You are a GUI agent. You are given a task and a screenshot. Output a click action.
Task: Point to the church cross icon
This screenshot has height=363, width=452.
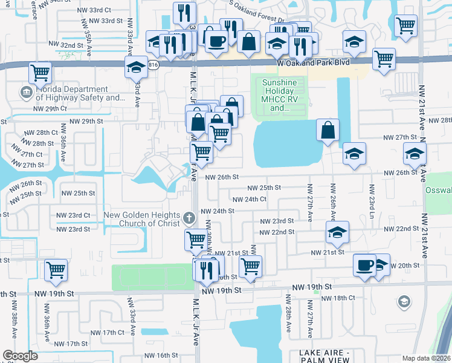tap(189, 217)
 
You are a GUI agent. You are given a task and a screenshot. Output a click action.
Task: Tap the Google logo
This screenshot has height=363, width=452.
tap(21, 356)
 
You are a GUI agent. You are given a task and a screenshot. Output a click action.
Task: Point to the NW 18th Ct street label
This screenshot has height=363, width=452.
tap(338, 298)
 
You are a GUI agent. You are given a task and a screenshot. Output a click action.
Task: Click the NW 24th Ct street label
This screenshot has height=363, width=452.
tap(248, 199)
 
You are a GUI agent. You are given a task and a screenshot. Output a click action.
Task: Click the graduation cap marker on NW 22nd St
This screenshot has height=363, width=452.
tap(338, 232)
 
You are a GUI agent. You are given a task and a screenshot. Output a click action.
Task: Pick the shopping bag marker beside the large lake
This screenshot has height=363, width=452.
tap(328, 130)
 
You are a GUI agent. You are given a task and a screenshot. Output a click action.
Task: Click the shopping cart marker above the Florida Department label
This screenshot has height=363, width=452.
tap(40, 73)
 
